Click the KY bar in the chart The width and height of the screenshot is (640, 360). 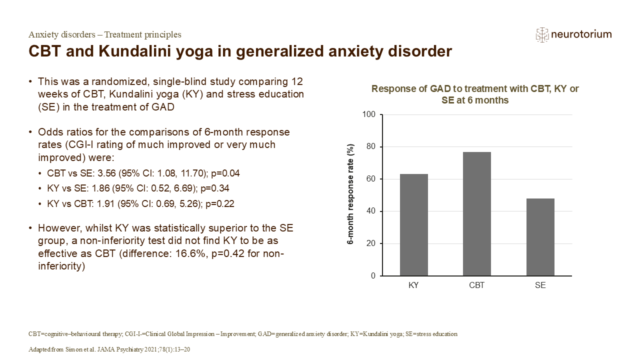[x=413, y=225]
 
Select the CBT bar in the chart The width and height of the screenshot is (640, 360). [x=476, y=214]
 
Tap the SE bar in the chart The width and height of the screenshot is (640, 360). [x=540, y=237]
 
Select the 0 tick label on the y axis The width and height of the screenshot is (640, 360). [x=372, y=276]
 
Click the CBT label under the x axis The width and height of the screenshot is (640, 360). [x=476, y=285]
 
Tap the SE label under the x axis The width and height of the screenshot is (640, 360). [x=540, y=285]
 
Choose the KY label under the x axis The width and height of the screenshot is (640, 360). [x=413, y=285]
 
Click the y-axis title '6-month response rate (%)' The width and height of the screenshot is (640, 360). [x=350, y=194]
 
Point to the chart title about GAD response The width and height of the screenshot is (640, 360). [x=475, y=94]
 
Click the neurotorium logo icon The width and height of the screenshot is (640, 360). [x=542, y=34]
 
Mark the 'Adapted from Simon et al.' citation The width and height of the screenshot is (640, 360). [x=109, y=349]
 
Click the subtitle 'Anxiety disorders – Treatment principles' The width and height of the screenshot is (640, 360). [x=105, y=34]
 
